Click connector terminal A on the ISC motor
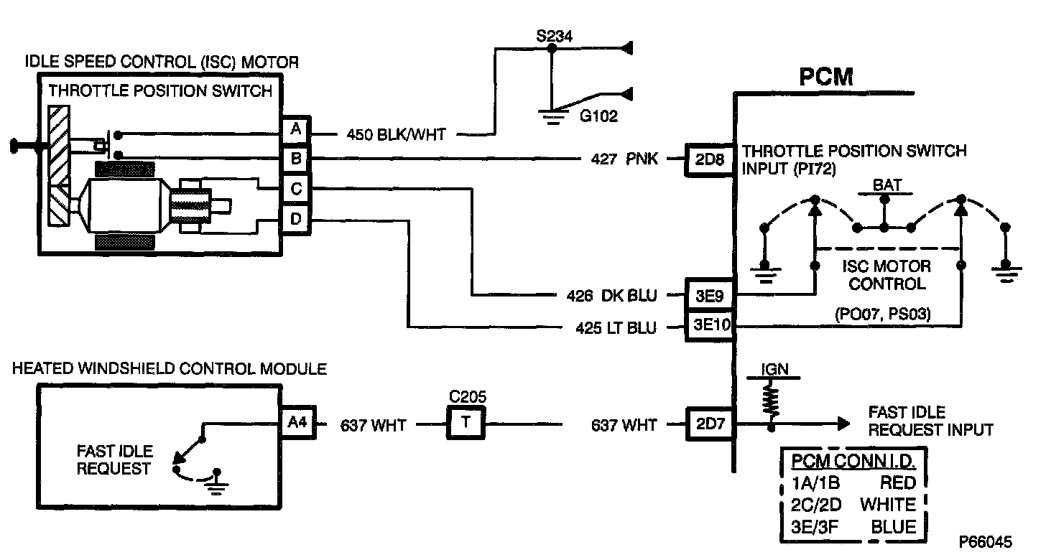[x=295, y=131]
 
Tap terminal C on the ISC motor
[x=295, y=189]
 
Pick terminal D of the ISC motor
[x=295, y=218]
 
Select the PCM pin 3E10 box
[x=709, y=327]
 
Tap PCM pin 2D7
[x=709, y=424]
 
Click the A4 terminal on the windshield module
[x=297, y=424]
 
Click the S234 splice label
[x=554, y=35]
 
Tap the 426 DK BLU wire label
[x=611, y=294]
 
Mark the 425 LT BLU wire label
[x=616, y=328]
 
